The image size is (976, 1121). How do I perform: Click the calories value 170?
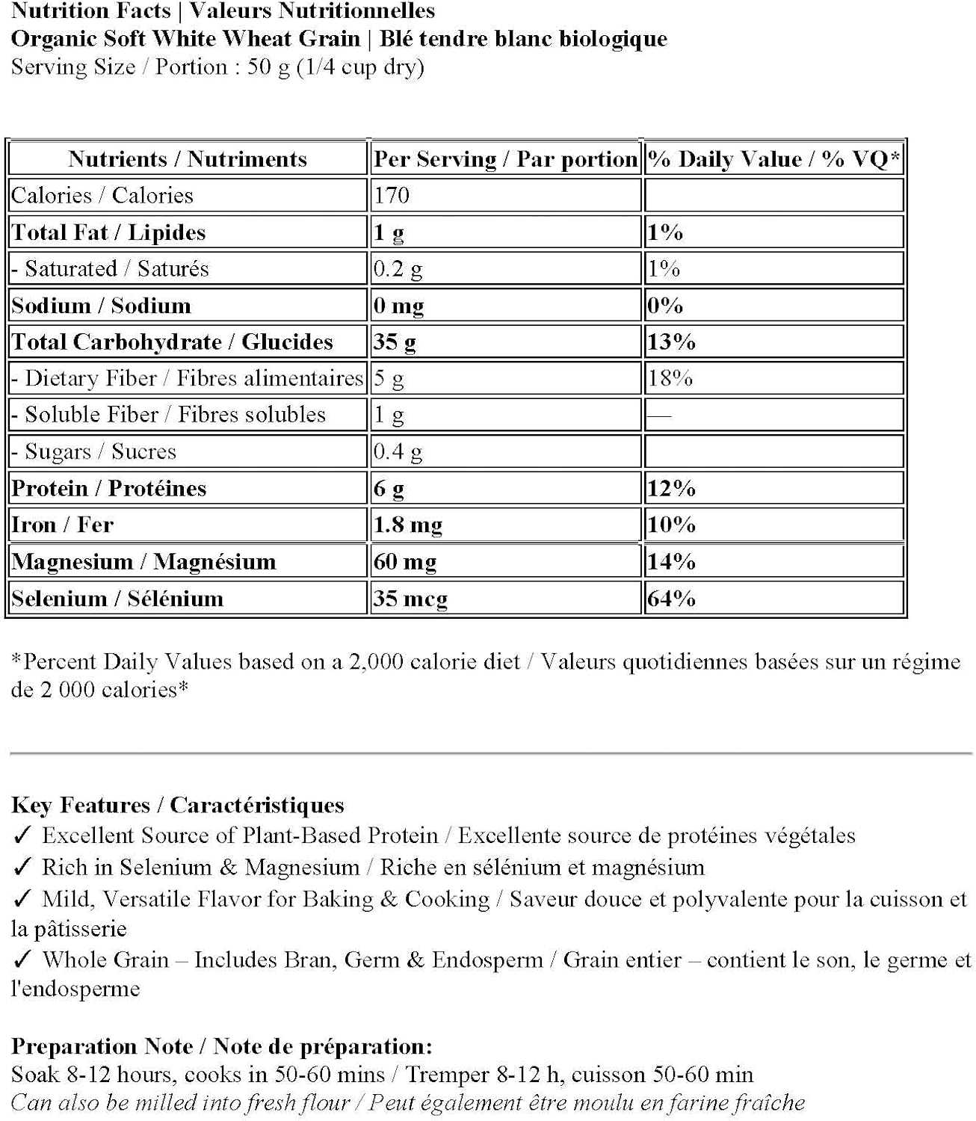coord(392,195)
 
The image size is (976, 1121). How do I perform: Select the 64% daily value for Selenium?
coord(671,598)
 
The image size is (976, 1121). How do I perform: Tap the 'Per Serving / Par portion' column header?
coord(505,158)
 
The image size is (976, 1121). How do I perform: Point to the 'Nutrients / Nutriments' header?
coord(187,158)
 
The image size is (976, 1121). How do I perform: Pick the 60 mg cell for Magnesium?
coord(404,561)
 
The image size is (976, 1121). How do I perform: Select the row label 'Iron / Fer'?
coord(63,525)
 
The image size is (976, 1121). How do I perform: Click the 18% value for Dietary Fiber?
coord(670,378)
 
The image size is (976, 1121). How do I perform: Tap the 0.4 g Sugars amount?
coord(398,451)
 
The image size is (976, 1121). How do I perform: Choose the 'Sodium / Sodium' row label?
coord(101,305)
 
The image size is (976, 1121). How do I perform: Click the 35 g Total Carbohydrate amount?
coord(395,342)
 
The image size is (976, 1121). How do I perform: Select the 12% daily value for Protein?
coord(671,488)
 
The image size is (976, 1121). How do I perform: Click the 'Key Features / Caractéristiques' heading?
coord(178,805)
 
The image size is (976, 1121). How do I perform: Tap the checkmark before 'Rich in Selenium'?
coord(22,867)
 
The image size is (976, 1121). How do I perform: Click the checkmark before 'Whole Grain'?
coord(22,960)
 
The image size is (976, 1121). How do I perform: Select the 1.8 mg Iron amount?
coord(407,525)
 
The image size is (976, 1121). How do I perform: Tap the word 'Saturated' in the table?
coord(71,268)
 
